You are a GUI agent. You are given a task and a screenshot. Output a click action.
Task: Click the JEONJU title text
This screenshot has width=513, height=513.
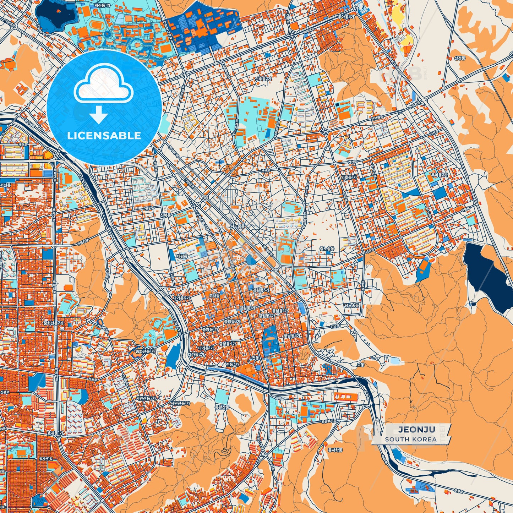click(416, 430)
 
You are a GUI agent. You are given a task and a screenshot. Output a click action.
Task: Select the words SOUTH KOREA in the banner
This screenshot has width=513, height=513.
click(411, 439)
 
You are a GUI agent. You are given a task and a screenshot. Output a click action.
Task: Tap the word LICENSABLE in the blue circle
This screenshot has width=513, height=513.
click(104, 136)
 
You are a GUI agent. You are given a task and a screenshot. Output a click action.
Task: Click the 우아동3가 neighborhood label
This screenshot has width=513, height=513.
click(346, 16)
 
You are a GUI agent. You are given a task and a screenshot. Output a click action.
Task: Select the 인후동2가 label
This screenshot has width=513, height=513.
click(263, 79)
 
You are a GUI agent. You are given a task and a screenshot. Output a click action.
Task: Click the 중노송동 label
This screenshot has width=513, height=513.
click(327, 249)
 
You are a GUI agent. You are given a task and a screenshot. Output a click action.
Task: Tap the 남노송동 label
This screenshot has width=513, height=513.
click(351, 305)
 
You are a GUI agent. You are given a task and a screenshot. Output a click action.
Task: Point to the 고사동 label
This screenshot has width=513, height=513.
click(214, 295)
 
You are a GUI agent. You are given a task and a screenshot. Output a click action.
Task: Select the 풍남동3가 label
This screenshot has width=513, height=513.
click(292, 335)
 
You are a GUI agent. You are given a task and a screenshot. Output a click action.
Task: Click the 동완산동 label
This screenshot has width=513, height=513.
click(222, 407)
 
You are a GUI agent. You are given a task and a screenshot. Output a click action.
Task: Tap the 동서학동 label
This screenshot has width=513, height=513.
click(335, 450)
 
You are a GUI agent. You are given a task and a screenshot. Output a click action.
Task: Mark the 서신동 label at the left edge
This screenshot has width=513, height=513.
click(5, 185)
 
